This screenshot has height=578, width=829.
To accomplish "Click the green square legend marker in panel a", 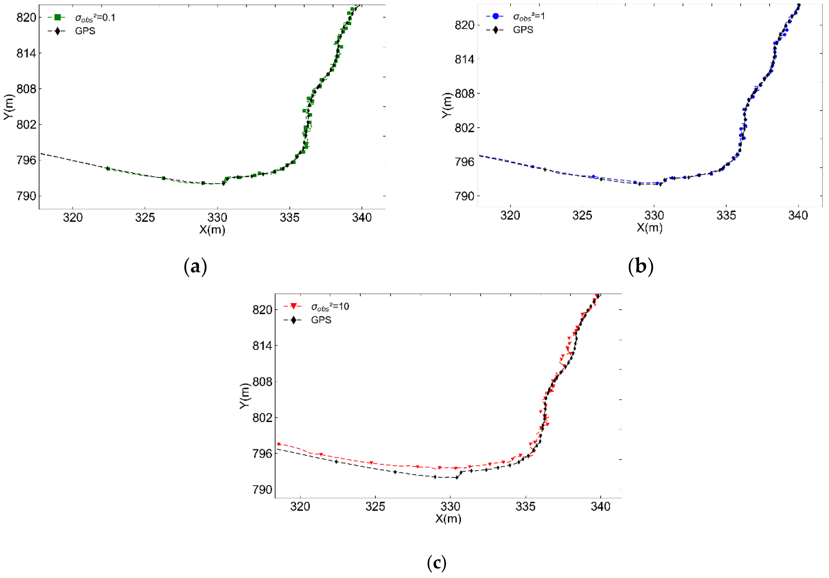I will (x=57, y=17).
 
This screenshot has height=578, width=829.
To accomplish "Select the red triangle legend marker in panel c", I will (x=293, y=306).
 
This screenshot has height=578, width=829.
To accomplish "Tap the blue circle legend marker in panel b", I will (x=495, y=16).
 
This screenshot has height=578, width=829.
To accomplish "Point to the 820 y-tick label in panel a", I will (x=26, y=17).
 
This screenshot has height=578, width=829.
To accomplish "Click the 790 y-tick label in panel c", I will (x=262, y=490).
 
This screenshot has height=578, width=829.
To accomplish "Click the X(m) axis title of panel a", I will (x=212, y=230).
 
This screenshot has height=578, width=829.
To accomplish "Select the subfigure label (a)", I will (x=195, y=267).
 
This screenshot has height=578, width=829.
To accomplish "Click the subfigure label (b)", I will (x=641, y=267).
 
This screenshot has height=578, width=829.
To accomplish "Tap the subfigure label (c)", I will (x=437, y=563).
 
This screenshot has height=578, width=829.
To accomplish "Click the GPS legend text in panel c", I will (x=321, y=320).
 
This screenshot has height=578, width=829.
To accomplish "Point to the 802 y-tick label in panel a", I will (x=26, y=125).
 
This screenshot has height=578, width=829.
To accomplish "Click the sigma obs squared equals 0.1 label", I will (x=95, y=18).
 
